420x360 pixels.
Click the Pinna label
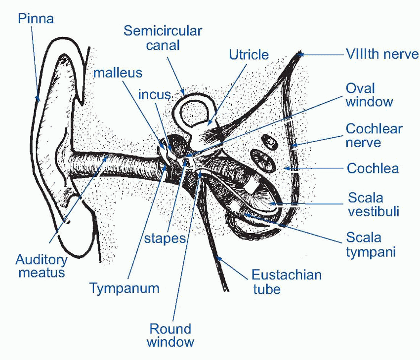click(36, 19)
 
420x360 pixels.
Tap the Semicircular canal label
click(163, 38)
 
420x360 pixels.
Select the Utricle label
click(249, 54)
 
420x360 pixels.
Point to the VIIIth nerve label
click(381, 54)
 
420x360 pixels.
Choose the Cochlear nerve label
click(374, 136)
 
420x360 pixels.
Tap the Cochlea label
click(373, 168)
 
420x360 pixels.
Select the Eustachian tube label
click(287, 281)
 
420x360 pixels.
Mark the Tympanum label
click(125, 288)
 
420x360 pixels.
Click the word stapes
click(165, 239)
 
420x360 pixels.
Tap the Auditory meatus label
click(42, 265)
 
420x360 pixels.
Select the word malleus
click(118, 73)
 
